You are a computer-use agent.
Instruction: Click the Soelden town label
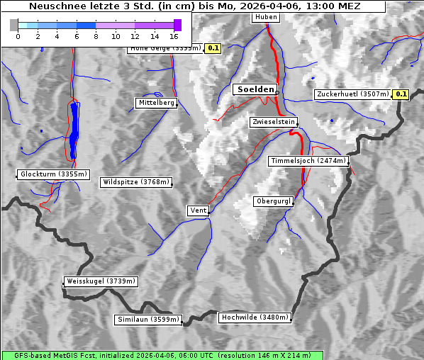tap(255, 89)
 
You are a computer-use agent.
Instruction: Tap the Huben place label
tap(265, 18)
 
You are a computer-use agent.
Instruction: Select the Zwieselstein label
tap(273, 122)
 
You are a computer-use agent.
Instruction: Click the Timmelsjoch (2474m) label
tap(308, 161)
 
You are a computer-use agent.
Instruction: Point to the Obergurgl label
tap(273, 201)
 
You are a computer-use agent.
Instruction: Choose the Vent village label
tap(198, 210)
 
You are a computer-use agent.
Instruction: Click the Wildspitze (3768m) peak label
tap(136, 182)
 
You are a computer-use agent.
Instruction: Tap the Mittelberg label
tap(156, 103)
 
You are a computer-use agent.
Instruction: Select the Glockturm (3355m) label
tap(53, 174)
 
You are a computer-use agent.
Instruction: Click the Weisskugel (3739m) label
tap(101, 281)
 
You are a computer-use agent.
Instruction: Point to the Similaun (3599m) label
tap(148, 320)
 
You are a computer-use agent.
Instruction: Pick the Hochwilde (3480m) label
tap(255, 317)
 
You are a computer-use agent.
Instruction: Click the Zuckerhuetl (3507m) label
tap(352, 94)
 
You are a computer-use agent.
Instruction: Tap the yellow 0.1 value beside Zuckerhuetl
tap(401, 94)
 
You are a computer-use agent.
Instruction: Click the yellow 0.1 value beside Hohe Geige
tap(213, 48)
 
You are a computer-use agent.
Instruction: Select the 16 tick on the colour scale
tap(174, 35)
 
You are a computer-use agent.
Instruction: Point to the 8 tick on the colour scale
tap(96, 35)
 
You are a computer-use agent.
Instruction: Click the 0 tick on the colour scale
tap(18, 35)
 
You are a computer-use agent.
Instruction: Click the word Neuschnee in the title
tap(57, 6)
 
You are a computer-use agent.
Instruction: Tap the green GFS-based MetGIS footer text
tap(162, 355)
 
